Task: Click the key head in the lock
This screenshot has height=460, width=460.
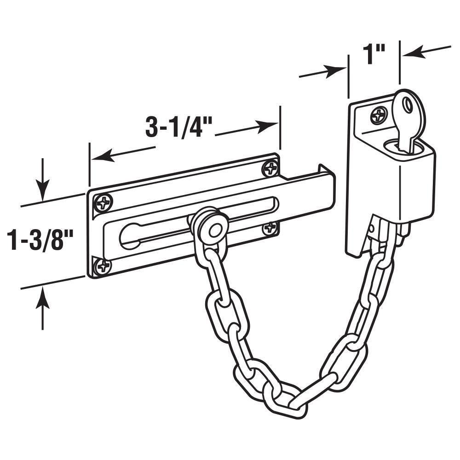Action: tap(409, 110)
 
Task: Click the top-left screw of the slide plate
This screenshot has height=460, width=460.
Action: tap(103, 202)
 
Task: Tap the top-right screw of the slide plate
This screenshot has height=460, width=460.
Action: tap(270, 168)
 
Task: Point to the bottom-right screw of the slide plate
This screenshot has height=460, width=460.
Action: tap(270, 228)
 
